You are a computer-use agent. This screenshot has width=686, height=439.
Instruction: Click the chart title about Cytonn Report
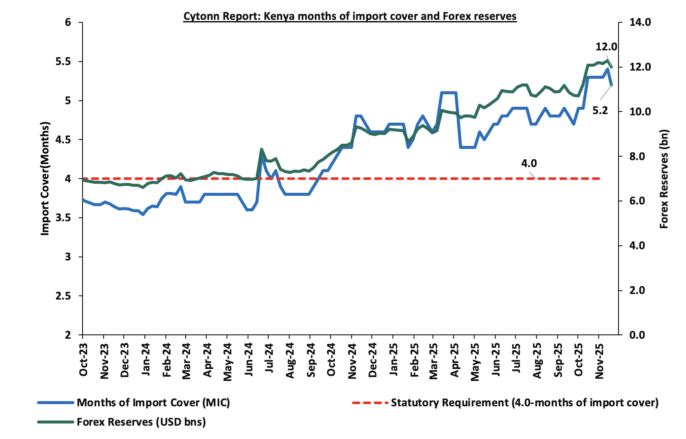pyautogui.click(x=350, y=16)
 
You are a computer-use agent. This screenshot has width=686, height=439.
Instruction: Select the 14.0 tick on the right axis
pyautogui.click(x=640, y=22)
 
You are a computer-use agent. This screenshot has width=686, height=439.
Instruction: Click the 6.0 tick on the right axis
pyautogui.click(x=637, y=201)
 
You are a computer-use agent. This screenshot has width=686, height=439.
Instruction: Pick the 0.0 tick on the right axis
pyautogui.click(x=637, y=335)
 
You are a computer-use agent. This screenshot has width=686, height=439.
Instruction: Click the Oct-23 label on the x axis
pyautogui.click(x=83, y=360)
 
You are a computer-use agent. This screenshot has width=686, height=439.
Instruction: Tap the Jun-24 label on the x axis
pyautogui.click(x=248, y=360)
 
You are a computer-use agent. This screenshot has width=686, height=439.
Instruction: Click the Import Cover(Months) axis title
pyautogui.click(x=45, y=179)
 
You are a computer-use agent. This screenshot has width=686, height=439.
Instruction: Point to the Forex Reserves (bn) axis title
pyautogui.click(x=664, y=179)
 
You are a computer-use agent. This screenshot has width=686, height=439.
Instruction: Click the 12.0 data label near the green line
pyautogui.click(x=606, y=47)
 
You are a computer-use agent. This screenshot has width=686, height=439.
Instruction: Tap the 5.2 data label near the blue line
pyautogui.click(x=600, y=111)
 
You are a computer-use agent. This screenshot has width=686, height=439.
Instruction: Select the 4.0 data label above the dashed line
pyautogui.click(x=529, y=164)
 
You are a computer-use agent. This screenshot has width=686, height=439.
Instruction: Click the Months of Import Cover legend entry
pyautogui.click(x=153, y=403)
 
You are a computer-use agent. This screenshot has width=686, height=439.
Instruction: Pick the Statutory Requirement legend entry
pyautogui.click(x=524, y=403)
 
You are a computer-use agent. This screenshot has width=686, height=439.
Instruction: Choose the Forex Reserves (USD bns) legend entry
pyautogui.click(x=141, y=422)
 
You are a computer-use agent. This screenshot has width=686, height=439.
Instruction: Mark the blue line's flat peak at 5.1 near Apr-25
pyautogui.click(x=448, y=93)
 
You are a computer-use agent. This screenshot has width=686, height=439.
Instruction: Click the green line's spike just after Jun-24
pyautogui.click(x=261, y=149)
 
